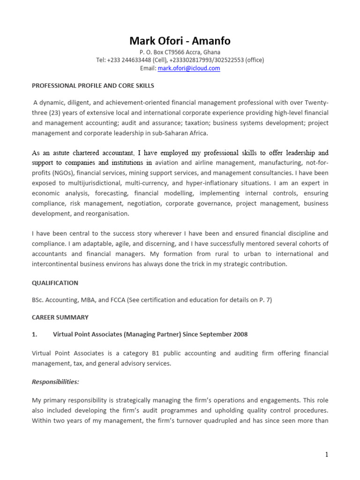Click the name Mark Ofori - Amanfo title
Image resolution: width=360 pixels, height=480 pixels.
[180, 41]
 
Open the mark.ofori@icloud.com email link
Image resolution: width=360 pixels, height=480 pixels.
[189, 68]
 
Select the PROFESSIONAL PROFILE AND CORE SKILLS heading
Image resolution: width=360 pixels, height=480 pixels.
[92, 86]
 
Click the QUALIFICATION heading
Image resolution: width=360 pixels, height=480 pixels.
[55, 283]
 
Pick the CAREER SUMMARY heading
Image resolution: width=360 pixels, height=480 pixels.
[60, 317]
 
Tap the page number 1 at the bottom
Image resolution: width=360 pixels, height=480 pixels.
[326, 455]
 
